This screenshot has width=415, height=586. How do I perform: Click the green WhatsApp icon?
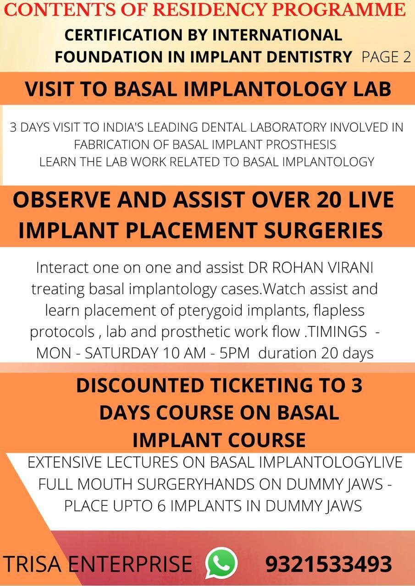(x=221, y=563)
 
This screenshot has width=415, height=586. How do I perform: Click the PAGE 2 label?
(x=386, y=57)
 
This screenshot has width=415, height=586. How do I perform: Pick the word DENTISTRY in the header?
(x=309, y=57)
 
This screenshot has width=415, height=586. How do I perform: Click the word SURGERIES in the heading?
(x=323, y=230)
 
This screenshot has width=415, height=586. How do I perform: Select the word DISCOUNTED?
(x=140, y=385)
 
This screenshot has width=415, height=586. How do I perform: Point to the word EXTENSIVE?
(x=64, y=462)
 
